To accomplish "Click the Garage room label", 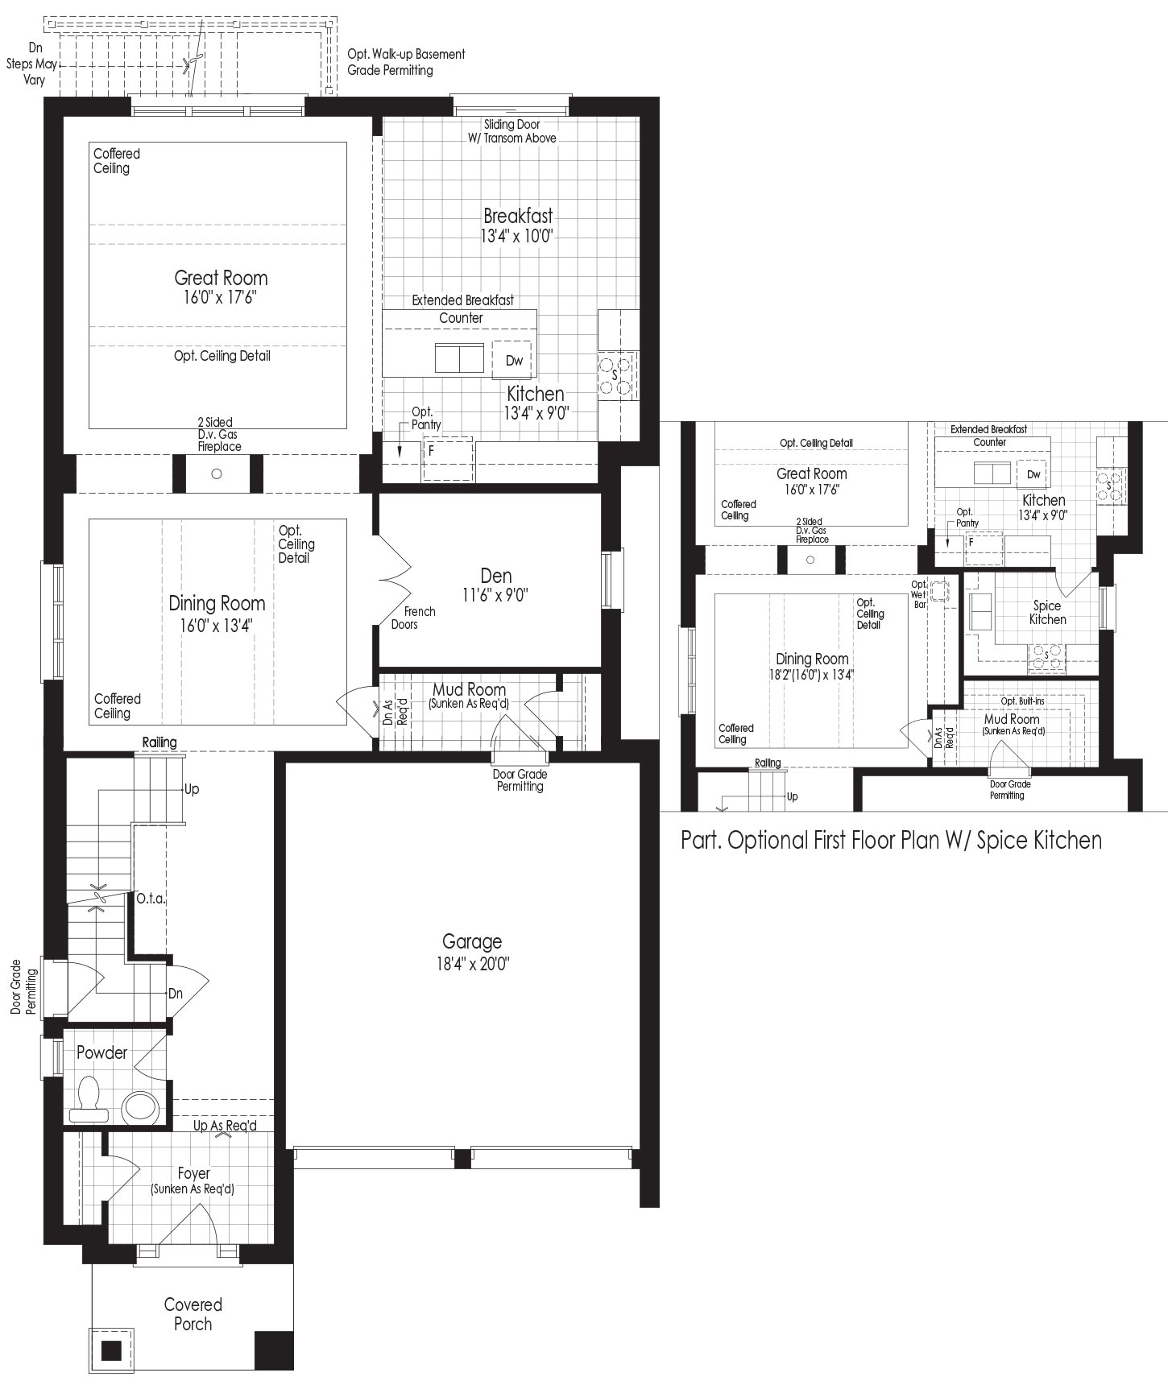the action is (x=472, y=941).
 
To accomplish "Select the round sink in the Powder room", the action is (x=141, y=1107).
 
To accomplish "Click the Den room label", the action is (x=495, y=576).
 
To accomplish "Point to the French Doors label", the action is (x=413, y=618).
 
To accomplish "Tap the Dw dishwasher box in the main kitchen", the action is (x=514, y=360).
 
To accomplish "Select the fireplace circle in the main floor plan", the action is (x=216, y=473).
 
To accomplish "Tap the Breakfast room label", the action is (x=518, y=216).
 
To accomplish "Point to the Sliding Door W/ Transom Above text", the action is (x=512, y=131).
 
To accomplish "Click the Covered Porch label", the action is (x=193, y=1314).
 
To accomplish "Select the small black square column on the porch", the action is (x=111, y=1350).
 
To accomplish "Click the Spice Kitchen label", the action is (x=1047, y=612).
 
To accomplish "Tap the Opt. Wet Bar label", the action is (x=919, y=594).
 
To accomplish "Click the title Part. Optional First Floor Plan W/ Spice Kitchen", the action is (x=891, y=840).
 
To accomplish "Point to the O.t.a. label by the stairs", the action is (x=151, y=898).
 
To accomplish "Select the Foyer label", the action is (x=193, y=1174).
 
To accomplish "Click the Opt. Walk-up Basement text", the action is (x=406, y=55).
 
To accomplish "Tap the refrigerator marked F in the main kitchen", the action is (x=448, y=458).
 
